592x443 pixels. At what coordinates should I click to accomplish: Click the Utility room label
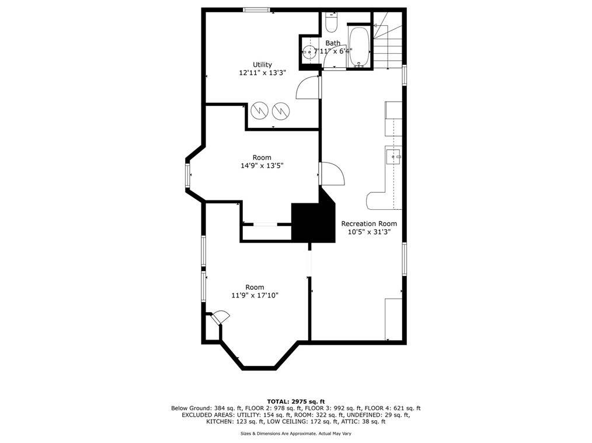coord(262,65)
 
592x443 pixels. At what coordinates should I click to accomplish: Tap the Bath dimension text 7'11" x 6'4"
coord(333,51)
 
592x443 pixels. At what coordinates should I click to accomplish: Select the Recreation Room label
coord(369,223)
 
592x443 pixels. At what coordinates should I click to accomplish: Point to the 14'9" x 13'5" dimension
coord(262,165)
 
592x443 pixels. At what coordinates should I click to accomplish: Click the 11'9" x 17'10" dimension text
coord(255,295)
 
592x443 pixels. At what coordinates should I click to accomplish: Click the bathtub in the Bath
coord(359,47)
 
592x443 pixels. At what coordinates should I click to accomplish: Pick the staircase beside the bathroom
coord(388,40)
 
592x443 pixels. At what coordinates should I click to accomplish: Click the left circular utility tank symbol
coord(260,110)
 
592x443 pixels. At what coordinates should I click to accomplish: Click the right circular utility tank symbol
coord(281,110)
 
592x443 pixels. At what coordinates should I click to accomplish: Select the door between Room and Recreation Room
coord(332,174)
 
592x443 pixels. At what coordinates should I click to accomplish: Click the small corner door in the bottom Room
coord(221,318)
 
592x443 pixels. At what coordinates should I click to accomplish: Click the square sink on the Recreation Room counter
coord(394,155)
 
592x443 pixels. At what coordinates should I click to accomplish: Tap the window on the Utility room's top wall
coord(257,10)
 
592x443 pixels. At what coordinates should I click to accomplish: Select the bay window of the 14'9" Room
coord(187,175)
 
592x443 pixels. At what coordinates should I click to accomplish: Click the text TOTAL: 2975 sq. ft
coord(296,402)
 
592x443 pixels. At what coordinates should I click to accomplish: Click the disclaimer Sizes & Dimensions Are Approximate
coord(296,434)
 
